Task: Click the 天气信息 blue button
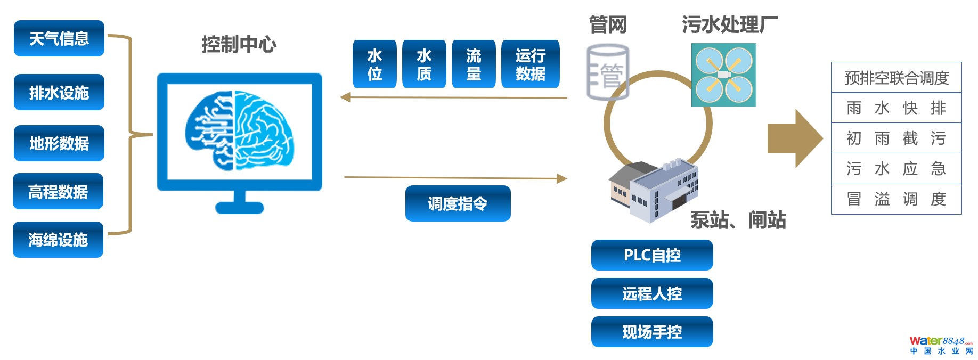tap(59, 38)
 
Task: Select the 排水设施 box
tap(59, 92)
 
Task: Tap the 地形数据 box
tap(59, 143)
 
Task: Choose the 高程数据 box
tap(58, 191)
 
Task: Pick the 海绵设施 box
tap(58, 240)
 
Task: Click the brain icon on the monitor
tap(239, 130)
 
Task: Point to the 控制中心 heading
tap(239, 44)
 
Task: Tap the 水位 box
tap(374, 64)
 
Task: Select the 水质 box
tap(424, 64)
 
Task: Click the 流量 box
tap(474, 64)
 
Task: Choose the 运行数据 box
tap(531, 64)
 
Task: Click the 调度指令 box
tap(458, 203)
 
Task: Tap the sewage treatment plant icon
tap(723, 75)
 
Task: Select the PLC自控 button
tap(652, 255)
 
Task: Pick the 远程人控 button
tap(652, 293)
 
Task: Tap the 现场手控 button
tap(652, 332)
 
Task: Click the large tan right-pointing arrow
tap(794, 138)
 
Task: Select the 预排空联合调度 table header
tap(896, 78)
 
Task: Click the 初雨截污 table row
tap(896, 138)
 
